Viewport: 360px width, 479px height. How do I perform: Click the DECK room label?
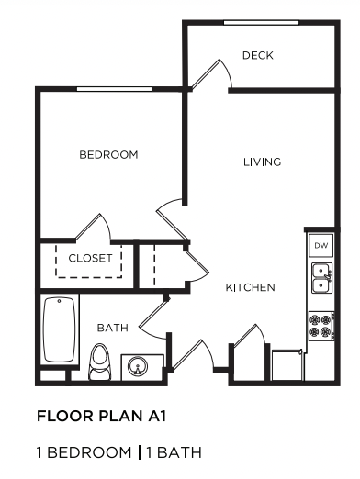pos(258,56)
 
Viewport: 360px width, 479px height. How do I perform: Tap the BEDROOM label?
pos(108,155)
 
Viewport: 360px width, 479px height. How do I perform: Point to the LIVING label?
pos(262,162)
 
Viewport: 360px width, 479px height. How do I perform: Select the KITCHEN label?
pos(251,288)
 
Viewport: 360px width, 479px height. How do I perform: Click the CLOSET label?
pos(90,259)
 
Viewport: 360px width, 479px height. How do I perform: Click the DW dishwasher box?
pos(321,246)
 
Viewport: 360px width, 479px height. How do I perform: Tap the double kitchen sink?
pos(321,277)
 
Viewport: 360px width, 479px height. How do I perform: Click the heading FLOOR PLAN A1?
pos(100,416)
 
